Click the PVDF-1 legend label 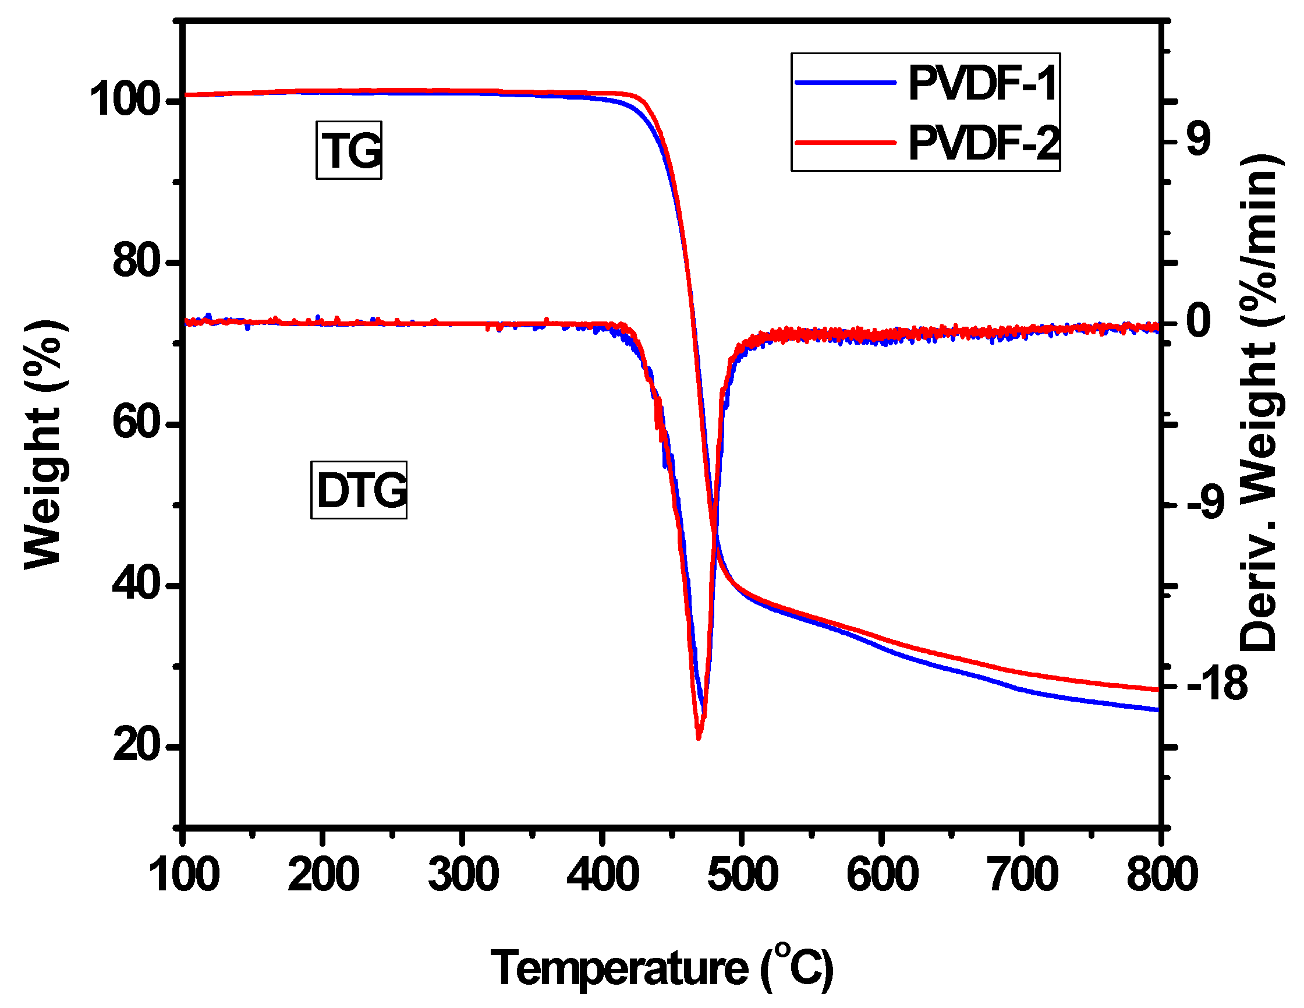pos(983,84)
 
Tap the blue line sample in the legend pos(845,83)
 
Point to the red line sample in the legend pos(845,143)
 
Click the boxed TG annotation pos(349,150)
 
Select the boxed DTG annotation pos(359,490)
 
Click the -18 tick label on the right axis pos(1217,684)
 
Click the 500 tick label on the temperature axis pos(742,875)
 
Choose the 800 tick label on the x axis pos(1161,875)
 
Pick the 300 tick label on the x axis pos(463,875)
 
